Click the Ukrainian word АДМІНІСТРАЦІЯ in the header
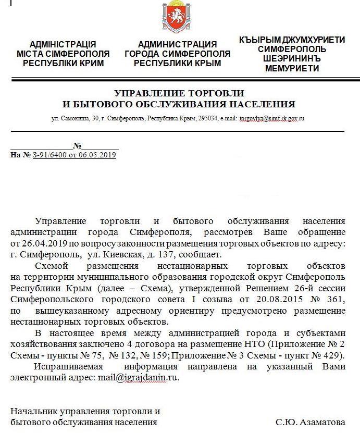63,44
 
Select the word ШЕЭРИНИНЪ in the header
292,59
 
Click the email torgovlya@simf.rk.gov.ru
272,118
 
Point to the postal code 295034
208,118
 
